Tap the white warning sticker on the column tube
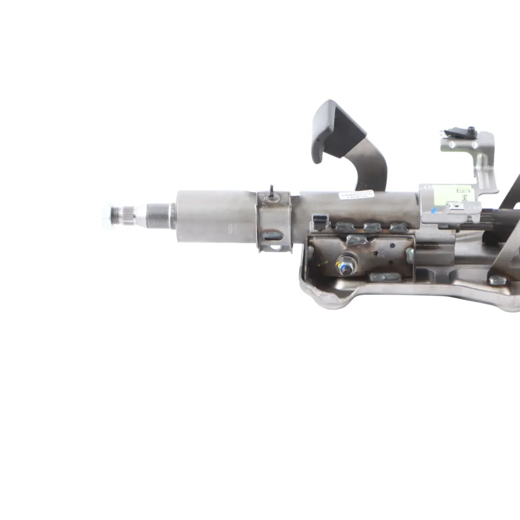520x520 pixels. [356, 195]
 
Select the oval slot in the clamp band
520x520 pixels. [273, 236]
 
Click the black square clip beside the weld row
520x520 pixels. [319, 222]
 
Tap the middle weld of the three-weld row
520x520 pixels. [372, 227]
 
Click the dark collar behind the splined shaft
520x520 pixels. [159, 216]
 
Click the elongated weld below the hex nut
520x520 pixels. [385, 277]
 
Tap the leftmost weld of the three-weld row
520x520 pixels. [345, 227]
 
